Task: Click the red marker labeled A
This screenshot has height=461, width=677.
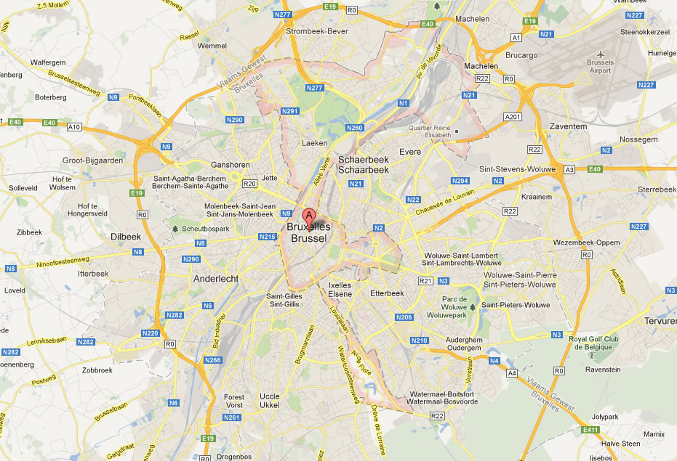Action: pyautogui.click(x=308, y=216)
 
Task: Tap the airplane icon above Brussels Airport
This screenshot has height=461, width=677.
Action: pyautogui.click(x=601, y=54)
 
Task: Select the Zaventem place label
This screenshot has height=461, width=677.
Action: pyautogui.click(x=569, y=126)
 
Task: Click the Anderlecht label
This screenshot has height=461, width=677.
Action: pyautogui.click(x=216, y=278)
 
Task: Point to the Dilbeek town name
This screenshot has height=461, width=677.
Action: pyautogui.click(x=125, y=237)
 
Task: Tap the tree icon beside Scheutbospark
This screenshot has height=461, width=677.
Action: pyautogui.click(x=175, y=229)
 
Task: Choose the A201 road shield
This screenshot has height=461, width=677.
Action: pyautogui.click(x=513, y=117)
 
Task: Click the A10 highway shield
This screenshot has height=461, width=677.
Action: pyautogui.click(x=73, y=127)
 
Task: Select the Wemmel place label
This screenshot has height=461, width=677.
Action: pyautogui.click(x=212, y=46)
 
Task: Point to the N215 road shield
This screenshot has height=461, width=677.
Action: pyautogui.click(x=267, y=237)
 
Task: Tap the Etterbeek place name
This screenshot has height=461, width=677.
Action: pyautogui.click(x=386, y=293)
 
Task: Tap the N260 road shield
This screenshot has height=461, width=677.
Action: pyautogui.click(x=355, y=128)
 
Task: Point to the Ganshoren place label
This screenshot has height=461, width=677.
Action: pyautogui.click(x=231, y=165)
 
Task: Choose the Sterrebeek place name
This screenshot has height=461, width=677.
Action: pyautogui.click(x=657, y=189)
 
